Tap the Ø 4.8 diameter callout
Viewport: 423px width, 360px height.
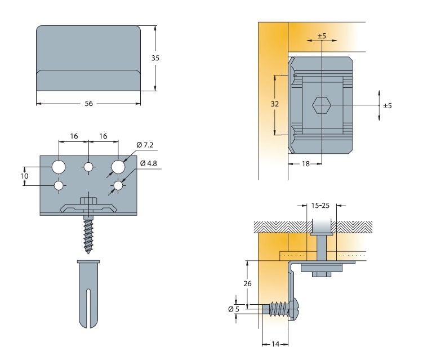(x=148, y=163)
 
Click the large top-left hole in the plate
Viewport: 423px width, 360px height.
(x=59, y=167)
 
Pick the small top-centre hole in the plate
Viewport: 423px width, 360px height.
(x=88, y=167)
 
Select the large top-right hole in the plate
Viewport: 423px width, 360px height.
(x=118, y=167)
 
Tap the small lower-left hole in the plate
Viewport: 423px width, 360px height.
(x=59, y=185)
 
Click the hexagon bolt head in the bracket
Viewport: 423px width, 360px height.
(x=320, y=105)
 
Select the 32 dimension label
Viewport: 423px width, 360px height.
(x=274, y=104)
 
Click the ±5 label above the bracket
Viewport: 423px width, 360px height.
(x=322, y=36)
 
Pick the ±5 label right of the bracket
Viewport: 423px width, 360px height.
(x=387, y=105)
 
